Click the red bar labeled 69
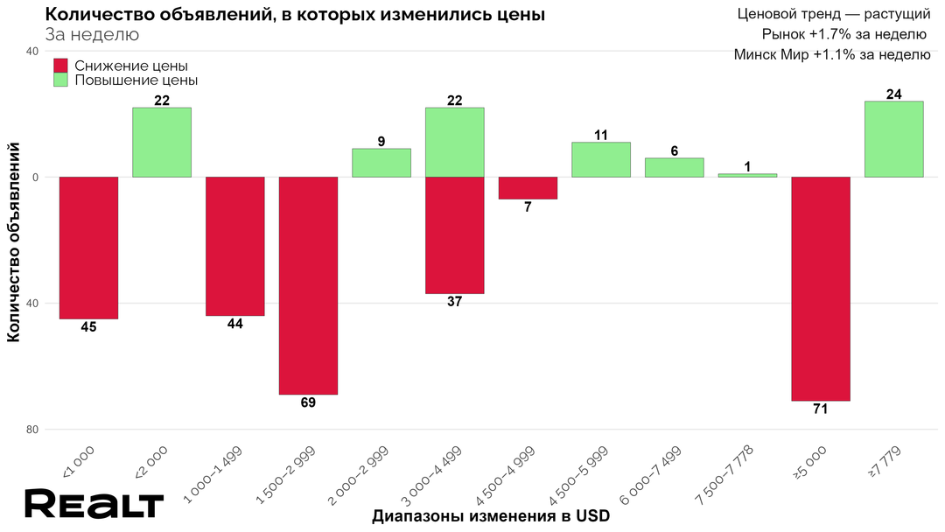(x=308, y=285)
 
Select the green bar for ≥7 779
(x=893, y=139)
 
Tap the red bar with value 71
(x=821, y=289)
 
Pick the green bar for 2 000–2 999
(x=381, y=163)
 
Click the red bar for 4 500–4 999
(x=528, y=188)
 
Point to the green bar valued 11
(x=601, y=159)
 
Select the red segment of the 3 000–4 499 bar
(x=455, y=235)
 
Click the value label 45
(x=88, y=327)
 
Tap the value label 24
(x=893, y=94)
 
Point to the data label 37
(x=455, y=302)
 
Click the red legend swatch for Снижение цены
(x=60, y=66)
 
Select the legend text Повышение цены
(x=136, y=80)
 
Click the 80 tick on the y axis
(x=31, y=430)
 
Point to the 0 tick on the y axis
(x=35, y=178)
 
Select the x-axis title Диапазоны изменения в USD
(x=490, y=516)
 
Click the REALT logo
(x=94, y=506)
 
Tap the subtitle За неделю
(x=91, y=35)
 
